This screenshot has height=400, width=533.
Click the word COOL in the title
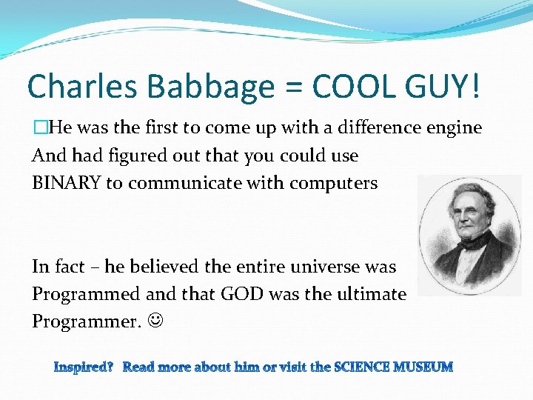[353, 87]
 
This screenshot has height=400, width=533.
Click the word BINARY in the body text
[67, 184]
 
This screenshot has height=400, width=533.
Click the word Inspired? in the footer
[83, 367]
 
